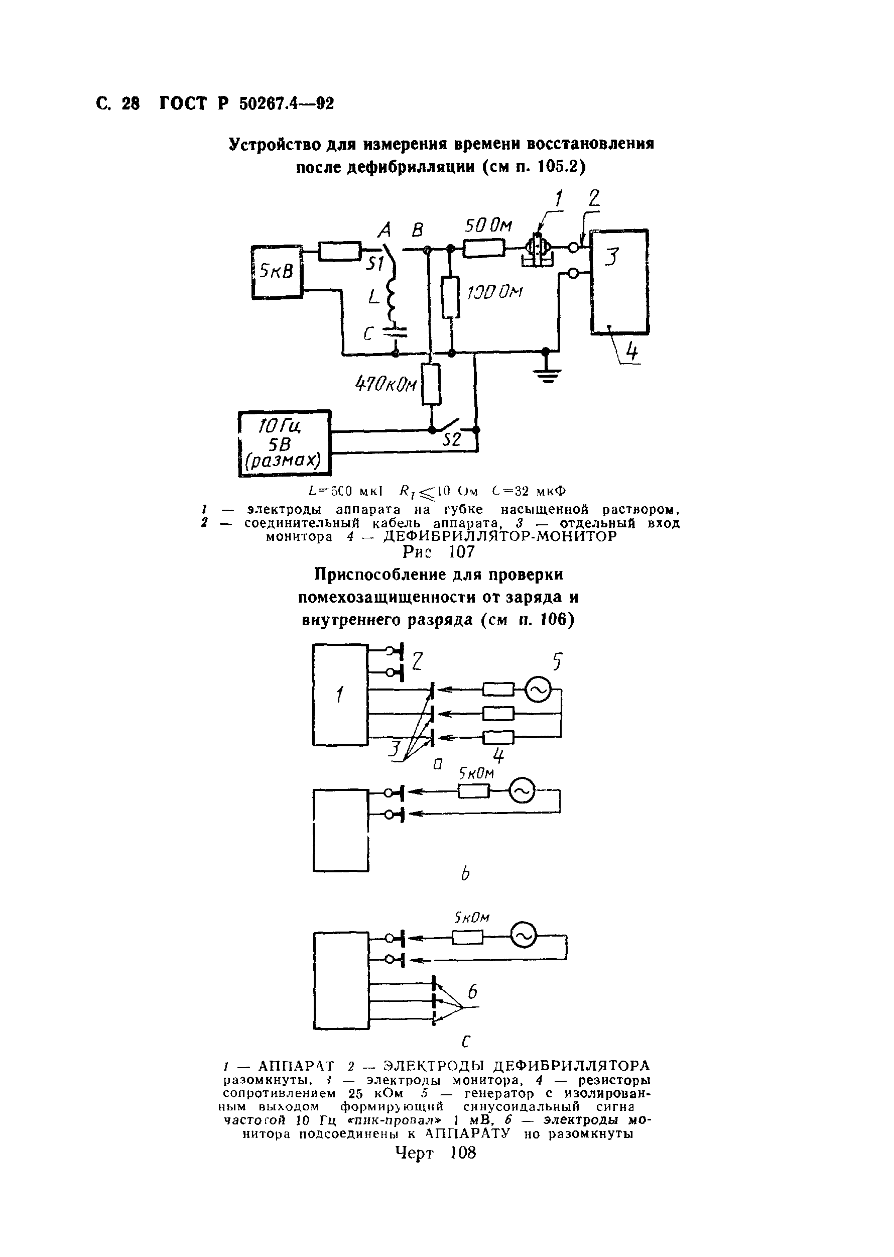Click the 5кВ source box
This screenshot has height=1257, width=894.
(x=277, y=272)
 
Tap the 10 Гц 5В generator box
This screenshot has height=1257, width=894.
(x=285, y=444)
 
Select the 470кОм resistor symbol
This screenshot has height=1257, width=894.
(x=432, y=384)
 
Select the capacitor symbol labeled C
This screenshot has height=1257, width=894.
(x=395, y=331)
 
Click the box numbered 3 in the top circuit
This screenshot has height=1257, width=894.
(x=619, y=281)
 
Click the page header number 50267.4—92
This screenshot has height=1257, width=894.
(x=286, y=103)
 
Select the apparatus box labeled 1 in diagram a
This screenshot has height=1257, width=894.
(x=340, y=695)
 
